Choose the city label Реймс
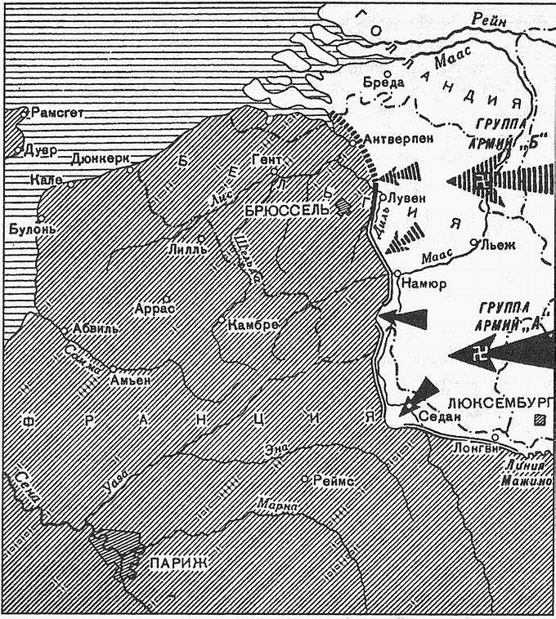coord(333,482)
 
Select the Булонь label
coord(32,229)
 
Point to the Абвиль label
coord(96,328)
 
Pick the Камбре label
coord(253,324)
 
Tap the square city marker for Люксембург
coord(537,421)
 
